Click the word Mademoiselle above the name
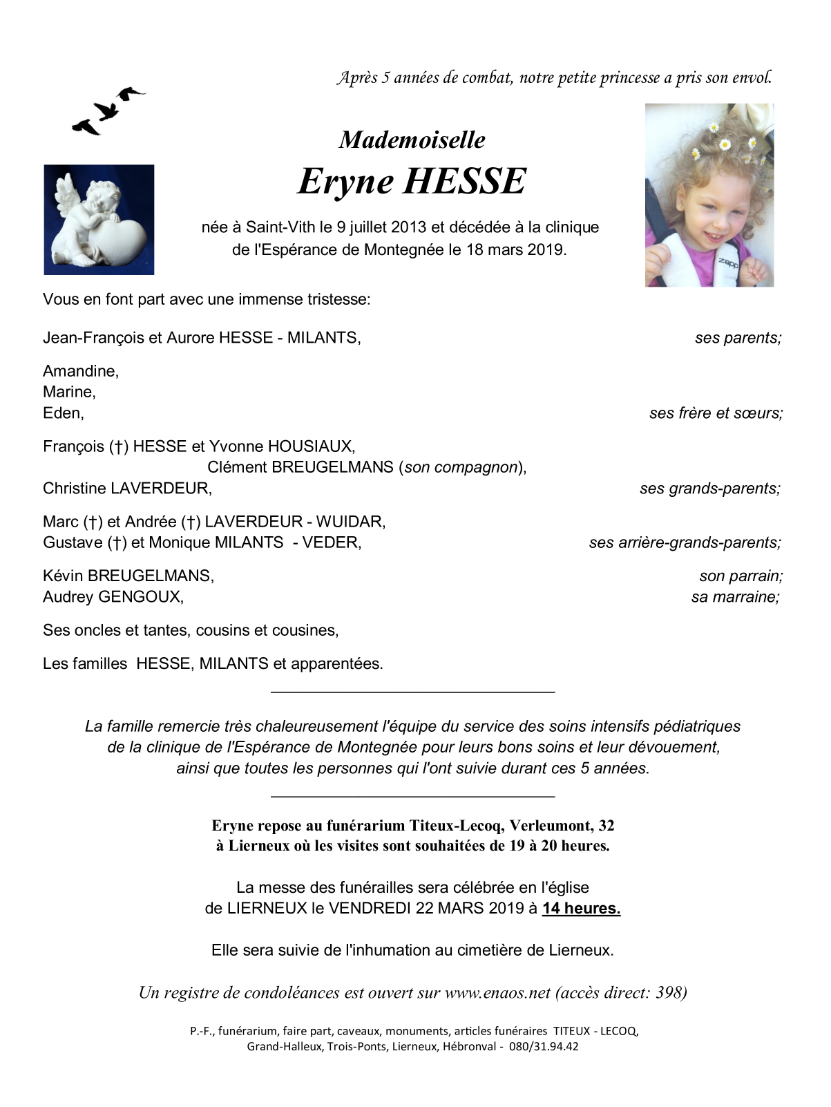(x=412, y=140)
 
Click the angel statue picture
(x=99, y=220)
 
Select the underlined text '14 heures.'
(x=581, y=909)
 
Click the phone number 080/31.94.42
(x=544, y=1046)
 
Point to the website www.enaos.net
(x=497, y=993)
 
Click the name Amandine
(x=80, y=371)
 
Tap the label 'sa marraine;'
(x=735, y=597)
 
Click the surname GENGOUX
(x=141, y=597)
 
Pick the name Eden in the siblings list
(x=63, y=413)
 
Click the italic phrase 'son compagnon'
(x=461, y=467)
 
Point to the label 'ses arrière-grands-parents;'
(x=685, y=543)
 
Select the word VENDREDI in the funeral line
(x=370, y=909)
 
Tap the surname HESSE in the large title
(x=464, y=181)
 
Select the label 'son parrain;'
(x=741, y=576)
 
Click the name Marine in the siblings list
(x=68, y=392)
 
